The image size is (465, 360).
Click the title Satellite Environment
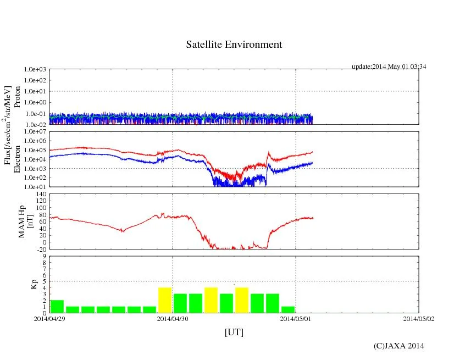(234, 45)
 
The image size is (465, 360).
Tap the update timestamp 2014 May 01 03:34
(389, 67)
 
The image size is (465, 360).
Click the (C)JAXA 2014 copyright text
(398, 346)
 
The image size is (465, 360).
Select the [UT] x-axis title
(234, 332)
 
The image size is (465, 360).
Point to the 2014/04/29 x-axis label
(49, 318)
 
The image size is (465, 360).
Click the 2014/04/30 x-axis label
(173, 318)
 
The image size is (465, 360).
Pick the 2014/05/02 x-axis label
(419, 318)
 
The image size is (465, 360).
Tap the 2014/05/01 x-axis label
(296, 318)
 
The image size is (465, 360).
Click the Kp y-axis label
(18, 284)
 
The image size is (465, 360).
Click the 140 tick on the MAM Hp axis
(41, 194)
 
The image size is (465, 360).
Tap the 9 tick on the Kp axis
(45, 256)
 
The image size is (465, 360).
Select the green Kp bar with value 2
(57, 306)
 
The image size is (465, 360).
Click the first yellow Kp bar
(165, 300)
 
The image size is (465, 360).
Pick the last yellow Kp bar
(242, 300)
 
